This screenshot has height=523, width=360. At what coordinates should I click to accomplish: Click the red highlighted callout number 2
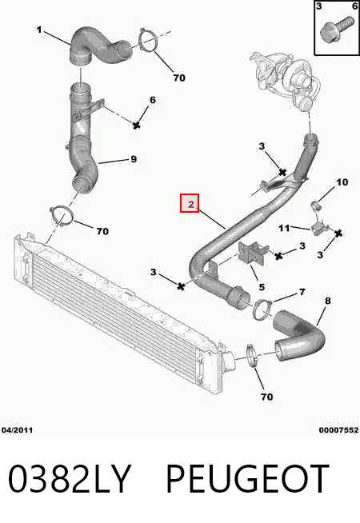(190, 203)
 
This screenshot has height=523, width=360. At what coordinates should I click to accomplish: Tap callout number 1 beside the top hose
(39, 30)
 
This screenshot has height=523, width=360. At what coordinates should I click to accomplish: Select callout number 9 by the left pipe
(134, 159)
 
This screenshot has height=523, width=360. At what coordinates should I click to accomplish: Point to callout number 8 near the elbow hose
(328, 301)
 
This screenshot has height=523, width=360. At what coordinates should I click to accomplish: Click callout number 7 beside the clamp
(302, 292)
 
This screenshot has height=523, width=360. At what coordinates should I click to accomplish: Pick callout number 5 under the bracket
(262, 287)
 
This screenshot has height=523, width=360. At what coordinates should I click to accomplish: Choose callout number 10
(342, 182)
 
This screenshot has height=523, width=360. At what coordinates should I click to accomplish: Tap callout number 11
(284, 228)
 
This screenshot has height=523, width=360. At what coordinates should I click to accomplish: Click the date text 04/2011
(17, 430)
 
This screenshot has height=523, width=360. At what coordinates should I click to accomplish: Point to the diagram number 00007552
(338, 430)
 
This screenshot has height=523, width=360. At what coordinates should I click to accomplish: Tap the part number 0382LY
(68, 479)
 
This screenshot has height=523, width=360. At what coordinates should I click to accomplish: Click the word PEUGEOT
(247, 479)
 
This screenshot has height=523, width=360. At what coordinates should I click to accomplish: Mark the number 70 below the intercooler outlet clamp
(266, 397)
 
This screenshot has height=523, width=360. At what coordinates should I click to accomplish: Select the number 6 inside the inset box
(354, 6)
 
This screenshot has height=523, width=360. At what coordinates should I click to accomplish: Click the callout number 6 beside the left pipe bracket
(153, 100)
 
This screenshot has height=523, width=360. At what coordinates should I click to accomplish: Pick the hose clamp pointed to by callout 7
(262, 309)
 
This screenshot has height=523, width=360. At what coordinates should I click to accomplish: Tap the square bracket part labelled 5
(251, 254)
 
